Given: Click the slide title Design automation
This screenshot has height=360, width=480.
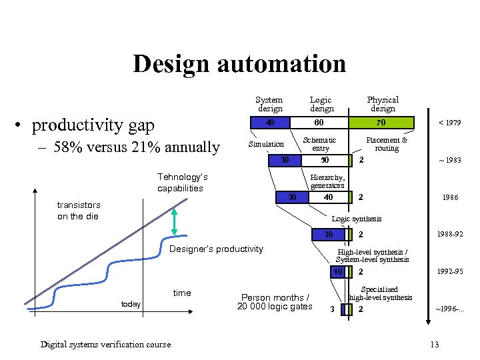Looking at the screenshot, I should pyautogui.click(x=239, y=64).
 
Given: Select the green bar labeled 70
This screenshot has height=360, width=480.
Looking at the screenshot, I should pyautogui.click(x=381, y=123).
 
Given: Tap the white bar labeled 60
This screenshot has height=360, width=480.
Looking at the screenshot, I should pyautogui.click(x=319, y=123).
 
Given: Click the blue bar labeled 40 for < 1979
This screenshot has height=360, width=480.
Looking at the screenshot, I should pyautogui.click(x=269, y=123).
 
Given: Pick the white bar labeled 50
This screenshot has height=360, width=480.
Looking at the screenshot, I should pyautogui.click(x=325, y=160).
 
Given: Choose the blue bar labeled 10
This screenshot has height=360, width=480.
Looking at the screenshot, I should pyautogui.click(x=338, y=272).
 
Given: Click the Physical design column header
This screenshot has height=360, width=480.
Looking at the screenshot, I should pyautogui.click(x=383, y=104).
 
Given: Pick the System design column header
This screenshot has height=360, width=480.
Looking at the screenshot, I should pyautogui.click(x=269, y=104).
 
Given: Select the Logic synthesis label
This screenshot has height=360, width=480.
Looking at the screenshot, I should pyautogui.click(x=357, y=219).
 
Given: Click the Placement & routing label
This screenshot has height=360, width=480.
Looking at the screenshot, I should pyautogui.click(x=387, y=144).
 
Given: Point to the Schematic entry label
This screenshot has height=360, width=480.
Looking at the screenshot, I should pyautogui.click(x=320, y=144).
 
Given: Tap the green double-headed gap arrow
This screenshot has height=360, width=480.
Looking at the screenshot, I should pyautogui.click(x=174, y=221).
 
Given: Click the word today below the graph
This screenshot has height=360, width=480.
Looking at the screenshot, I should pyautogui.click(x=131, y=304).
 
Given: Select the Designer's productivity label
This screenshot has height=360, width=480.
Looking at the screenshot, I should pyautogui.click(x=217, y=249).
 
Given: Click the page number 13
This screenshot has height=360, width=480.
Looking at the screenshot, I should pyautogui.click(x=435, y=344).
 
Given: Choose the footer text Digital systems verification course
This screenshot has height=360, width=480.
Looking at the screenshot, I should pyautogui.click(x=105, y=344).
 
